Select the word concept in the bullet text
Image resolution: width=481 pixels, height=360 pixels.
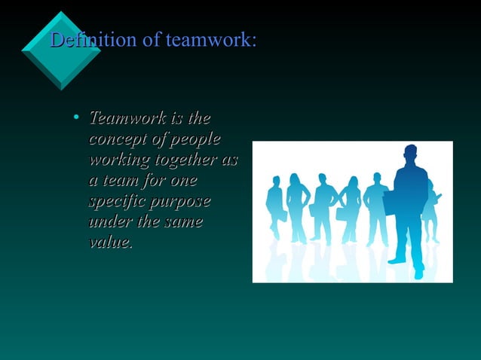click(x=116, y=140)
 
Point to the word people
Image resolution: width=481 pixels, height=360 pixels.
click(x=195, y=140)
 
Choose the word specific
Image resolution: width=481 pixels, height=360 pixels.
click(x=115, y=203)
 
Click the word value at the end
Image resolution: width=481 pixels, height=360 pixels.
click(x=109, y=243)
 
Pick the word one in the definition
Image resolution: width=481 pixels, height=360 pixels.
click(x=183, y=182)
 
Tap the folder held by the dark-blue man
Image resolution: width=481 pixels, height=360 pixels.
click(x=390, y=203)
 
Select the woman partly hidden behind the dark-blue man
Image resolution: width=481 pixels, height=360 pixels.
click(x=431, y=207)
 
